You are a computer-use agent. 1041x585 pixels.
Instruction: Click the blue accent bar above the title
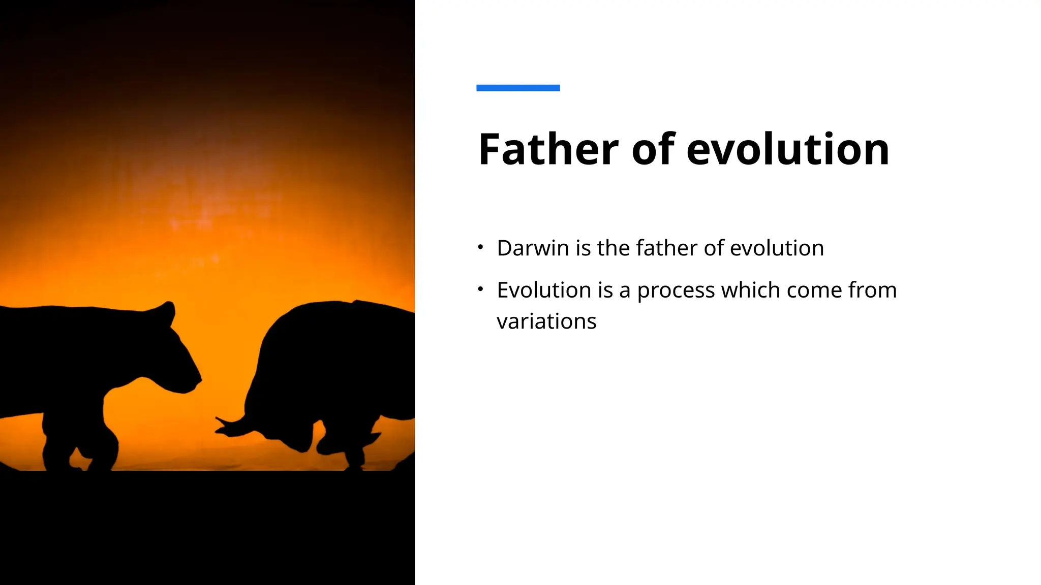(518, 88)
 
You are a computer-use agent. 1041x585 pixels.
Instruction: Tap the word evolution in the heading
(788, 149)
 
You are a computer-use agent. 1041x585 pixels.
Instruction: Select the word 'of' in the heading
(653, 149)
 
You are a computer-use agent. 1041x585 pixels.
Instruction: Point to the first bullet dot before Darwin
(480, 247)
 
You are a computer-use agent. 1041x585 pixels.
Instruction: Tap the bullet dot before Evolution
(480, 289)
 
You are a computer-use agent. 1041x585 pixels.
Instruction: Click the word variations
(546, 321)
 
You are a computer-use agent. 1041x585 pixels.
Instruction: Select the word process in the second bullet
(676, 291)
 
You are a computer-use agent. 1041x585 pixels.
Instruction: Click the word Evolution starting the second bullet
(544, 290)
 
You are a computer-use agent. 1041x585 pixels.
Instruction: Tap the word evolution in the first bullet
(777, 248)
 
